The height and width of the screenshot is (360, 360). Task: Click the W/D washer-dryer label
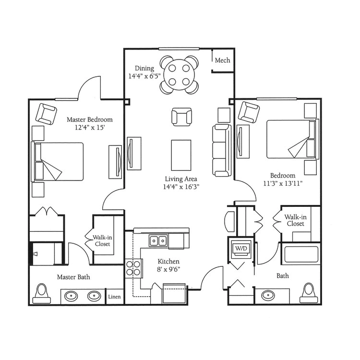pyautogui.click(x=241, y=248)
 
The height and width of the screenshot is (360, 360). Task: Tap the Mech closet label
pyautogui.click(x=222, y=60)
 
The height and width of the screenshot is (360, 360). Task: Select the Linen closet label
pyautogui.click(x=114, y=297)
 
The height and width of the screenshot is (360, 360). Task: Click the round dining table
pyautogui.click(x=180, y=74)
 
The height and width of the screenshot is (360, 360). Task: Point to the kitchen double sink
pyautogui.click(x=158, y=240)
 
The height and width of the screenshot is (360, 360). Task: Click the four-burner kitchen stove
pyautogui.click(x=133, y=268)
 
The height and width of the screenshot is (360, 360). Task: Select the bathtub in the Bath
pyautogui.click(x=301, y=254)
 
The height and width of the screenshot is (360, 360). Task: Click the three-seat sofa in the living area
pyautogui.click(x=222, y=150)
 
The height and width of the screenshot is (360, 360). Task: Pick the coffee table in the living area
pyautogui.click(x=181, y=155)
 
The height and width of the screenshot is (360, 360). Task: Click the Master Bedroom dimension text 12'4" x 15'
pyautogui.click(x=90, y=127)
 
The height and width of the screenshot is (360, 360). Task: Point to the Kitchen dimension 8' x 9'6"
pyautogui.click(x=168, y=269)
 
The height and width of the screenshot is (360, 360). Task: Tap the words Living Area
pyautogui.click(x=181, y=179)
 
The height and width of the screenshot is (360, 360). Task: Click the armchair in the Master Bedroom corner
pyautogui.click(x=47, y=114)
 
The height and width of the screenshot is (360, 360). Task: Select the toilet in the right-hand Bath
pyautogui.click(x=309, y=293)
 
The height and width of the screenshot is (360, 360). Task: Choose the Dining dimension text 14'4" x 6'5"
pyautogui.click(x=144, y=76)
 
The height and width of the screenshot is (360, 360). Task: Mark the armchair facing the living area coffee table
pyautogui.click(x=181, y=117)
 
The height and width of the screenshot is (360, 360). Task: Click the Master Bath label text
pyautogui.click(x=73, y=277)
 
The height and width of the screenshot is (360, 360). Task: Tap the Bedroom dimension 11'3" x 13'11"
pyautogui.click(x=283, y=183)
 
